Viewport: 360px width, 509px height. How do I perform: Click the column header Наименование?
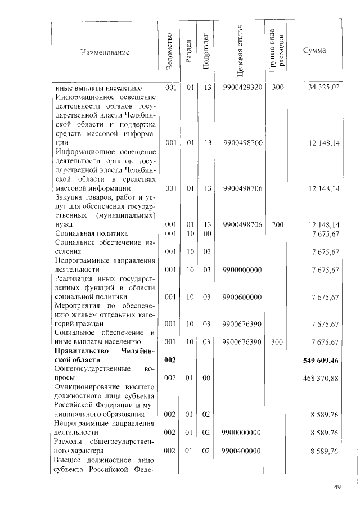(105, 52)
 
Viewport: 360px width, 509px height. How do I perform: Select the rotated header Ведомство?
(170, 53)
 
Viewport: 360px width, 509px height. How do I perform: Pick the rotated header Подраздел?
(206, 53)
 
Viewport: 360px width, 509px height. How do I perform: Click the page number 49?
(337, 487)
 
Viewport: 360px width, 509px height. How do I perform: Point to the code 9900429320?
(242, 88)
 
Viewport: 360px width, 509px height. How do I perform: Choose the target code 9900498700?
(242, 143)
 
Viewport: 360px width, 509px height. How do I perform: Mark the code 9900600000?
(242, 296)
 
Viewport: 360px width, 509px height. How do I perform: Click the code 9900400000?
(242, 451)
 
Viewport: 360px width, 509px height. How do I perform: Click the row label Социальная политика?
(91, 233)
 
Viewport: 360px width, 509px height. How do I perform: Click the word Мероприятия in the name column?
(78, 306)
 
